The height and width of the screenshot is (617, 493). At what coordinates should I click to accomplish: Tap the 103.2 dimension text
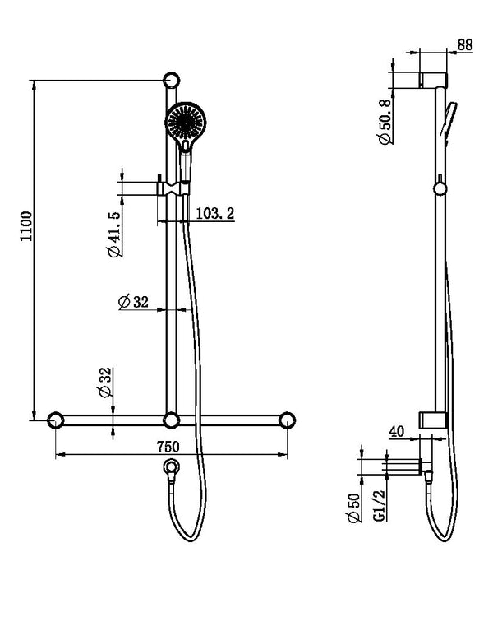(x=215, y=213)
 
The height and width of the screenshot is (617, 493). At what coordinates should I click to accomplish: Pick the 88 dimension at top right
(x=465, y=46)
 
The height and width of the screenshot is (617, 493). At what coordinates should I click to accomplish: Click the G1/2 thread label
(x=380, y=506)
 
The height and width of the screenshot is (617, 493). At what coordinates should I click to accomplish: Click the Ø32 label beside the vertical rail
(x=132, y=302)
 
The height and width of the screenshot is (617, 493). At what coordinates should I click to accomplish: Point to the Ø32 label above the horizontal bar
(x=106, y=383)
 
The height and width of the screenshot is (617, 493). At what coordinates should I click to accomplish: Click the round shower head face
(x=185, y=123)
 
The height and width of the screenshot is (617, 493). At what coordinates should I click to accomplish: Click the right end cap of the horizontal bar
(x=288, y=420)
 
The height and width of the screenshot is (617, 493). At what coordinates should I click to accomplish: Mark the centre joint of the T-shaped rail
(x=171, y=420)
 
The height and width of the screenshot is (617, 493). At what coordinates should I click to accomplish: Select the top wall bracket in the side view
(x=434, y=81)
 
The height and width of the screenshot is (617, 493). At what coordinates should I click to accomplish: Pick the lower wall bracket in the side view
(x=433, y=420)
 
